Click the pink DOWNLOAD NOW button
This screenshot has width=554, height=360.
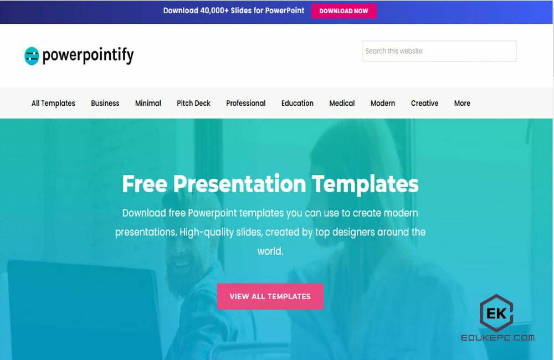(x=343, y=11)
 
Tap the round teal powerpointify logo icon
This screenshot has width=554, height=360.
(x=32, y=55)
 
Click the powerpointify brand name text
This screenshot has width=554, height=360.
(x=88, y=55)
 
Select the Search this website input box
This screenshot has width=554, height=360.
(x=439, y=51)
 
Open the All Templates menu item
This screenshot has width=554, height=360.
(x=53, y=103)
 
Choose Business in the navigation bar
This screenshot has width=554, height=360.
(x=105, y=103)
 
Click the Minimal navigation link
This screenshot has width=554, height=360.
(x=148, y=103)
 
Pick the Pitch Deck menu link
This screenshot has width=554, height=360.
(x=193, y=103)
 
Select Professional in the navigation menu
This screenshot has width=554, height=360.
(x=245, y=103)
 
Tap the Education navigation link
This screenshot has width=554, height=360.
(x=297, y=103)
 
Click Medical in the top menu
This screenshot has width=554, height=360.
(x=342, y=103)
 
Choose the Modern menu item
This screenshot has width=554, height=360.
(x=383, y=103)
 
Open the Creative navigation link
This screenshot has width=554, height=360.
(x=424, y=103)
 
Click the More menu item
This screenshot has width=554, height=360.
(x=462, y=103)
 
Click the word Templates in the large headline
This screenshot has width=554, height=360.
(x=365, y=184)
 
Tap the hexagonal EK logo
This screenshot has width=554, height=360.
(x=496, y=313)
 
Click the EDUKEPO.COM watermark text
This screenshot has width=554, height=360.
(x=497, y=337)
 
